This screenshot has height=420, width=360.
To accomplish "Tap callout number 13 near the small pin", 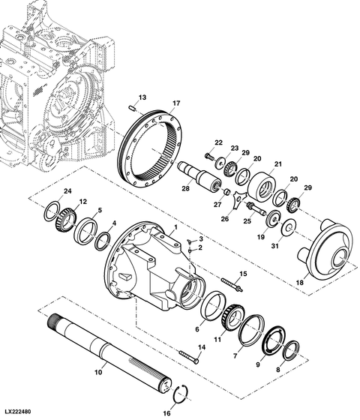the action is (x=142, y=97).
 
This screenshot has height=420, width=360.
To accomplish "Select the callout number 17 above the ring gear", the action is (x=176, y=103).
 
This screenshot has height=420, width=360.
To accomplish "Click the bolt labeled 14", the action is (x=189, y=355).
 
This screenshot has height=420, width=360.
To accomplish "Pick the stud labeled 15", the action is (x=232, y=284).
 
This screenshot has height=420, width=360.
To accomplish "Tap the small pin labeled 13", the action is (x=132, y=108).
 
